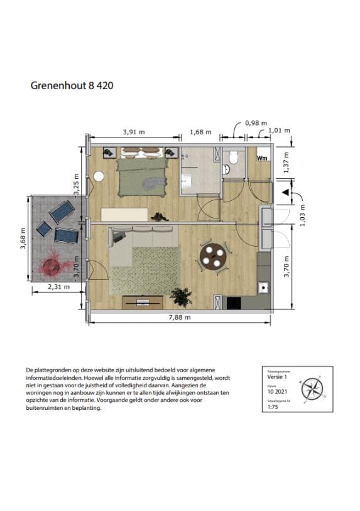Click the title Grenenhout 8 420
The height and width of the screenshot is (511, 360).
point(72,85)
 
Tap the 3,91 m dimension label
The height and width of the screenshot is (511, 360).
point(133,132)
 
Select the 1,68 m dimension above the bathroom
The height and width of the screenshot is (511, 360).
point(200,132)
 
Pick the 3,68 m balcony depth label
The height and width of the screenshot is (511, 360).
point(24,238)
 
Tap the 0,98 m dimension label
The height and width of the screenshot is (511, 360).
point(256,123)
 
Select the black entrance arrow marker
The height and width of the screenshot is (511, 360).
point(285,192)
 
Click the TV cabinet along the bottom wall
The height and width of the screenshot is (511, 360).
point(143,301)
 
